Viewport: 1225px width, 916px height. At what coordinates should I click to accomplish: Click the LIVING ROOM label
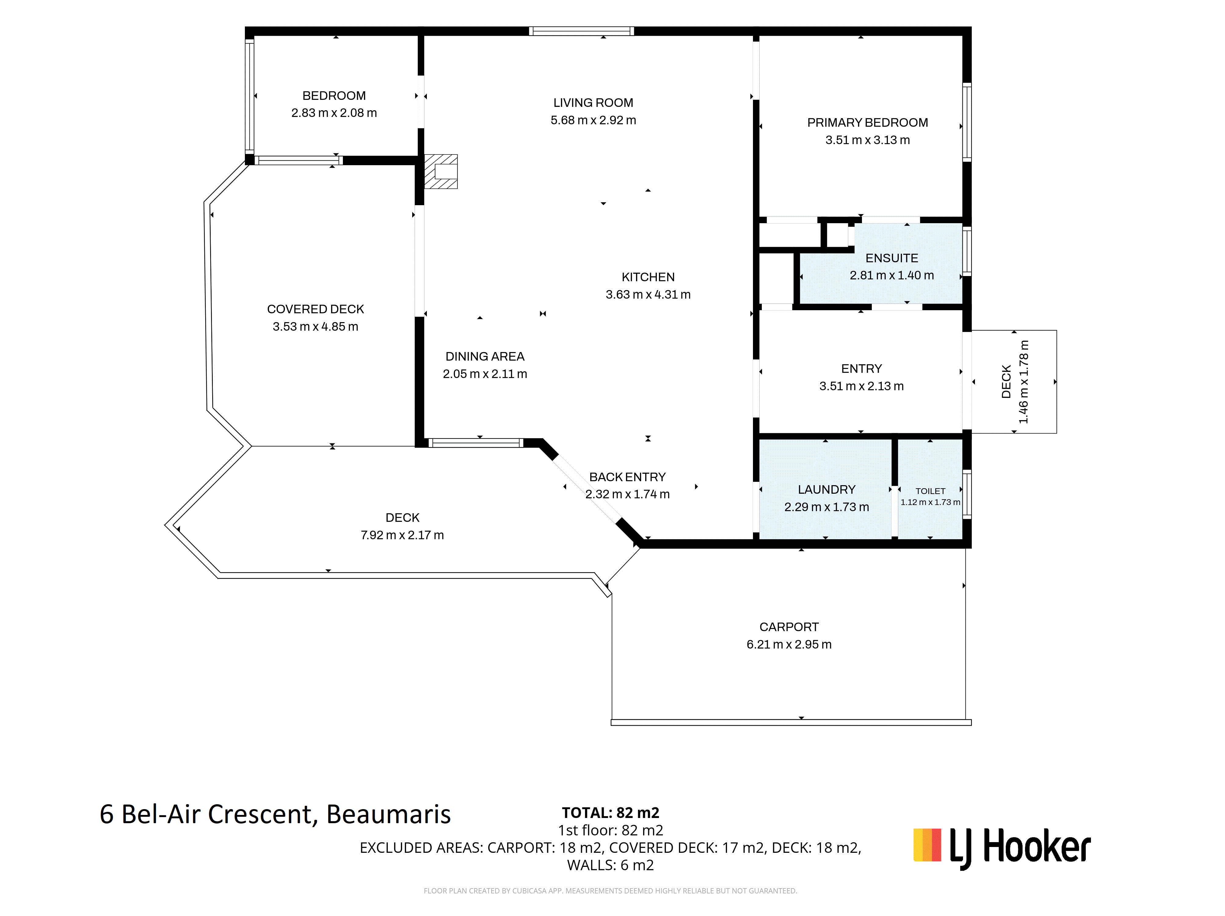tap(593, 103)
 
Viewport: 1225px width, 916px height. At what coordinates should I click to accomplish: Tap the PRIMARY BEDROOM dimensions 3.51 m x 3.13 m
tap(867, 140)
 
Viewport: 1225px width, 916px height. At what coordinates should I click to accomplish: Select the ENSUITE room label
tap(892, 258)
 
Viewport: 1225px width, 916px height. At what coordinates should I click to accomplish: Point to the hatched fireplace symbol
tap(441, 171)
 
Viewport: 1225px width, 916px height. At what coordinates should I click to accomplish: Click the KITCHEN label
tap(648, 277)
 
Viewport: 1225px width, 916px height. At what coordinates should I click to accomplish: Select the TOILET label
tap(930, 491)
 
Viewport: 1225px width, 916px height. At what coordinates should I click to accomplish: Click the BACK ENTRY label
tap(627, 477)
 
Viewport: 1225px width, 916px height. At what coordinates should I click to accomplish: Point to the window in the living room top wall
tap(581, 31)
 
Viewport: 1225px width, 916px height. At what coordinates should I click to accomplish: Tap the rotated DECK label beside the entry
tap(1006, 382)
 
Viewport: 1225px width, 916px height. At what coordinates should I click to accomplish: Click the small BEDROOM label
tap(334, 96)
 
